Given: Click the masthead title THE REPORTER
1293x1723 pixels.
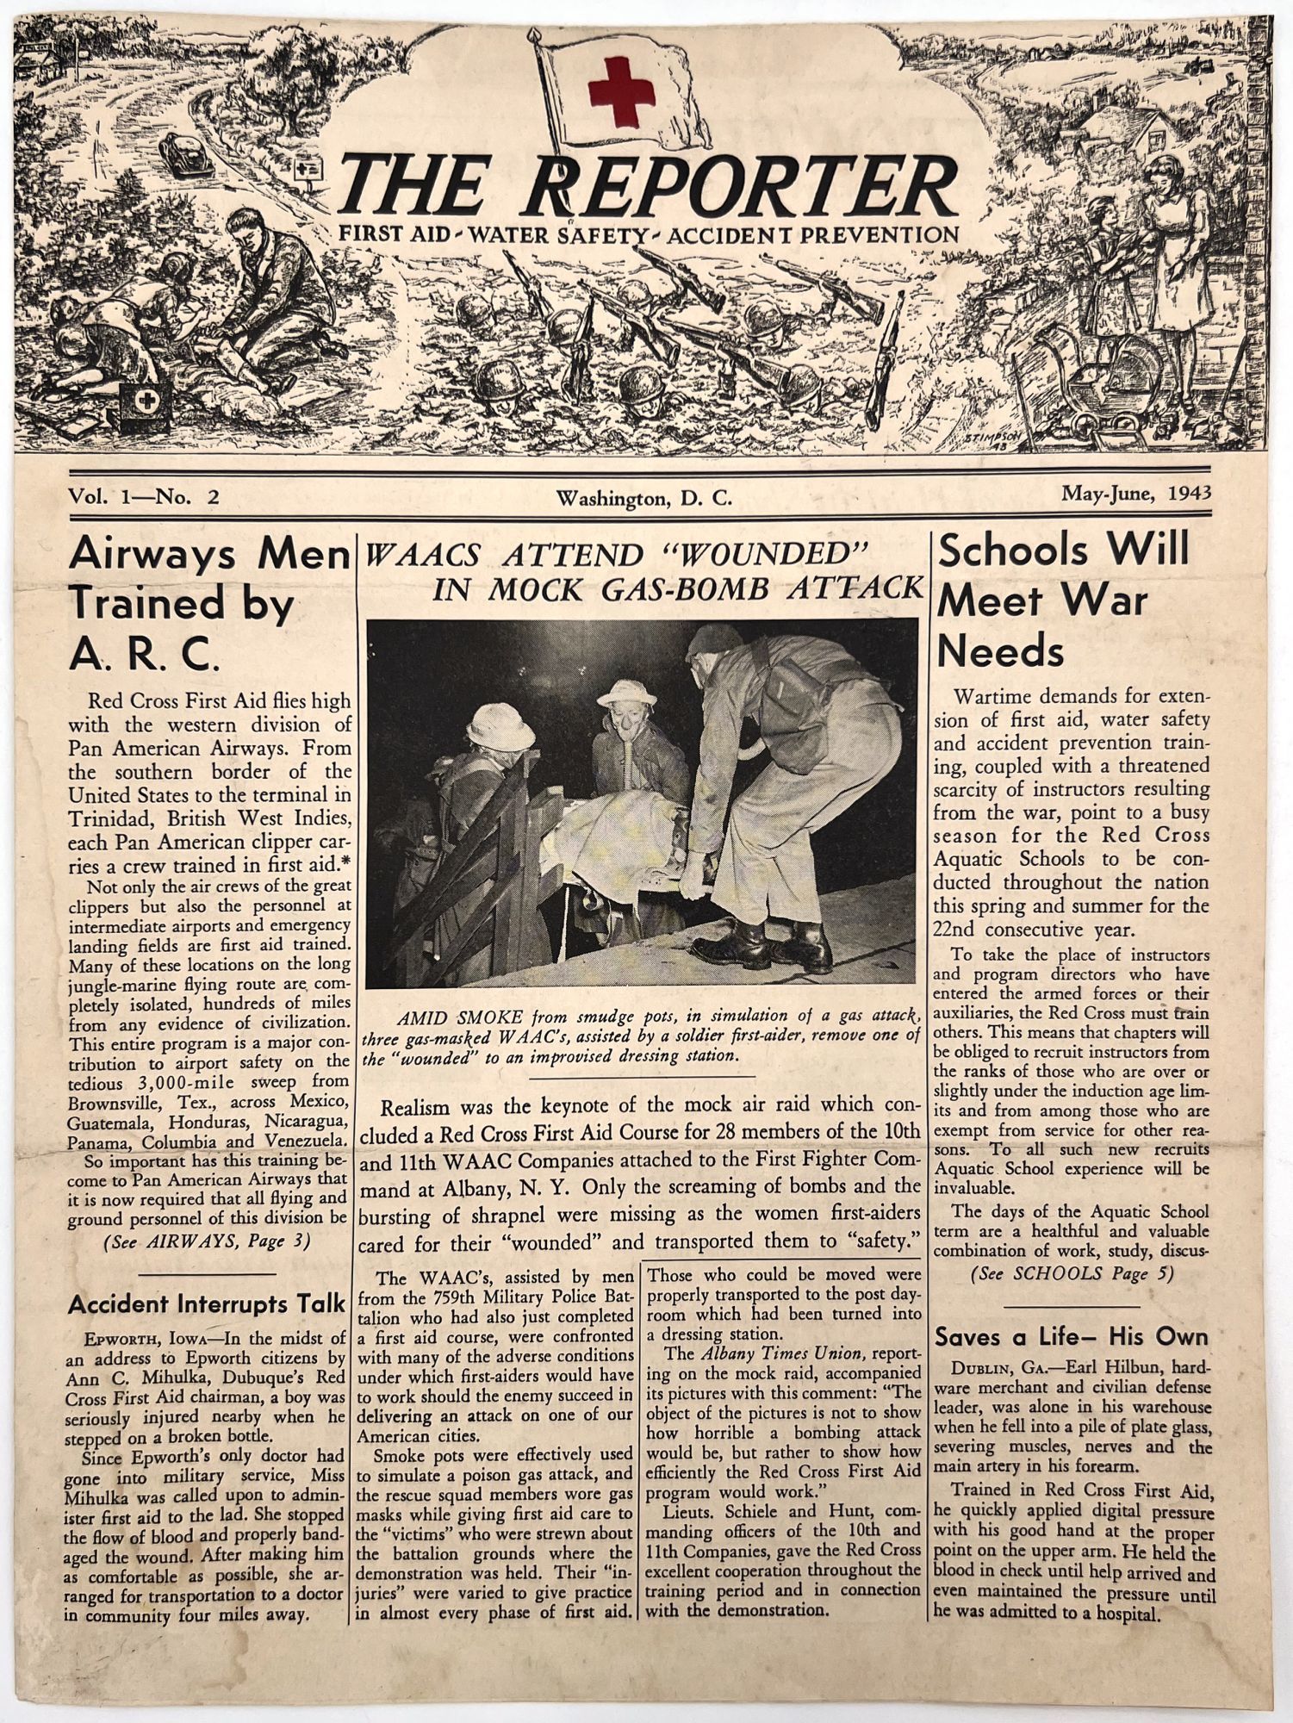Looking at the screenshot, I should (647, 186).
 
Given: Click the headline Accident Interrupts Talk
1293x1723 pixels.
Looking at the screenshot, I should (207, 1304).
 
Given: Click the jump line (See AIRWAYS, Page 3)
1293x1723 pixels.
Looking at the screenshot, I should (207, 1241).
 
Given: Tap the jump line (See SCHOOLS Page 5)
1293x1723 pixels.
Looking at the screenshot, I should (1072, 1274).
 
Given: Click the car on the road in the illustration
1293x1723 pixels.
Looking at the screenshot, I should (184, 155).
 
